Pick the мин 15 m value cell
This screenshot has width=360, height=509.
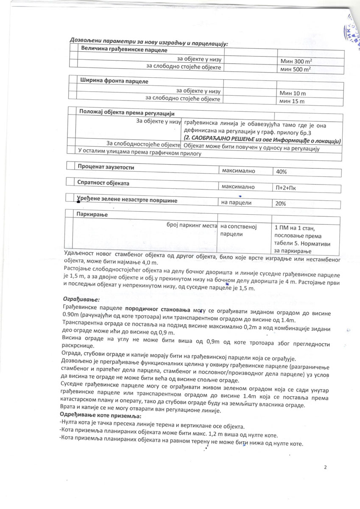[x=292, y=101]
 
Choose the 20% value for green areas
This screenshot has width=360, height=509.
[x=281, y=204]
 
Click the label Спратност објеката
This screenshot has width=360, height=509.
[x=103, y=183]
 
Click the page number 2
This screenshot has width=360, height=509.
[x=325, y=467]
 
